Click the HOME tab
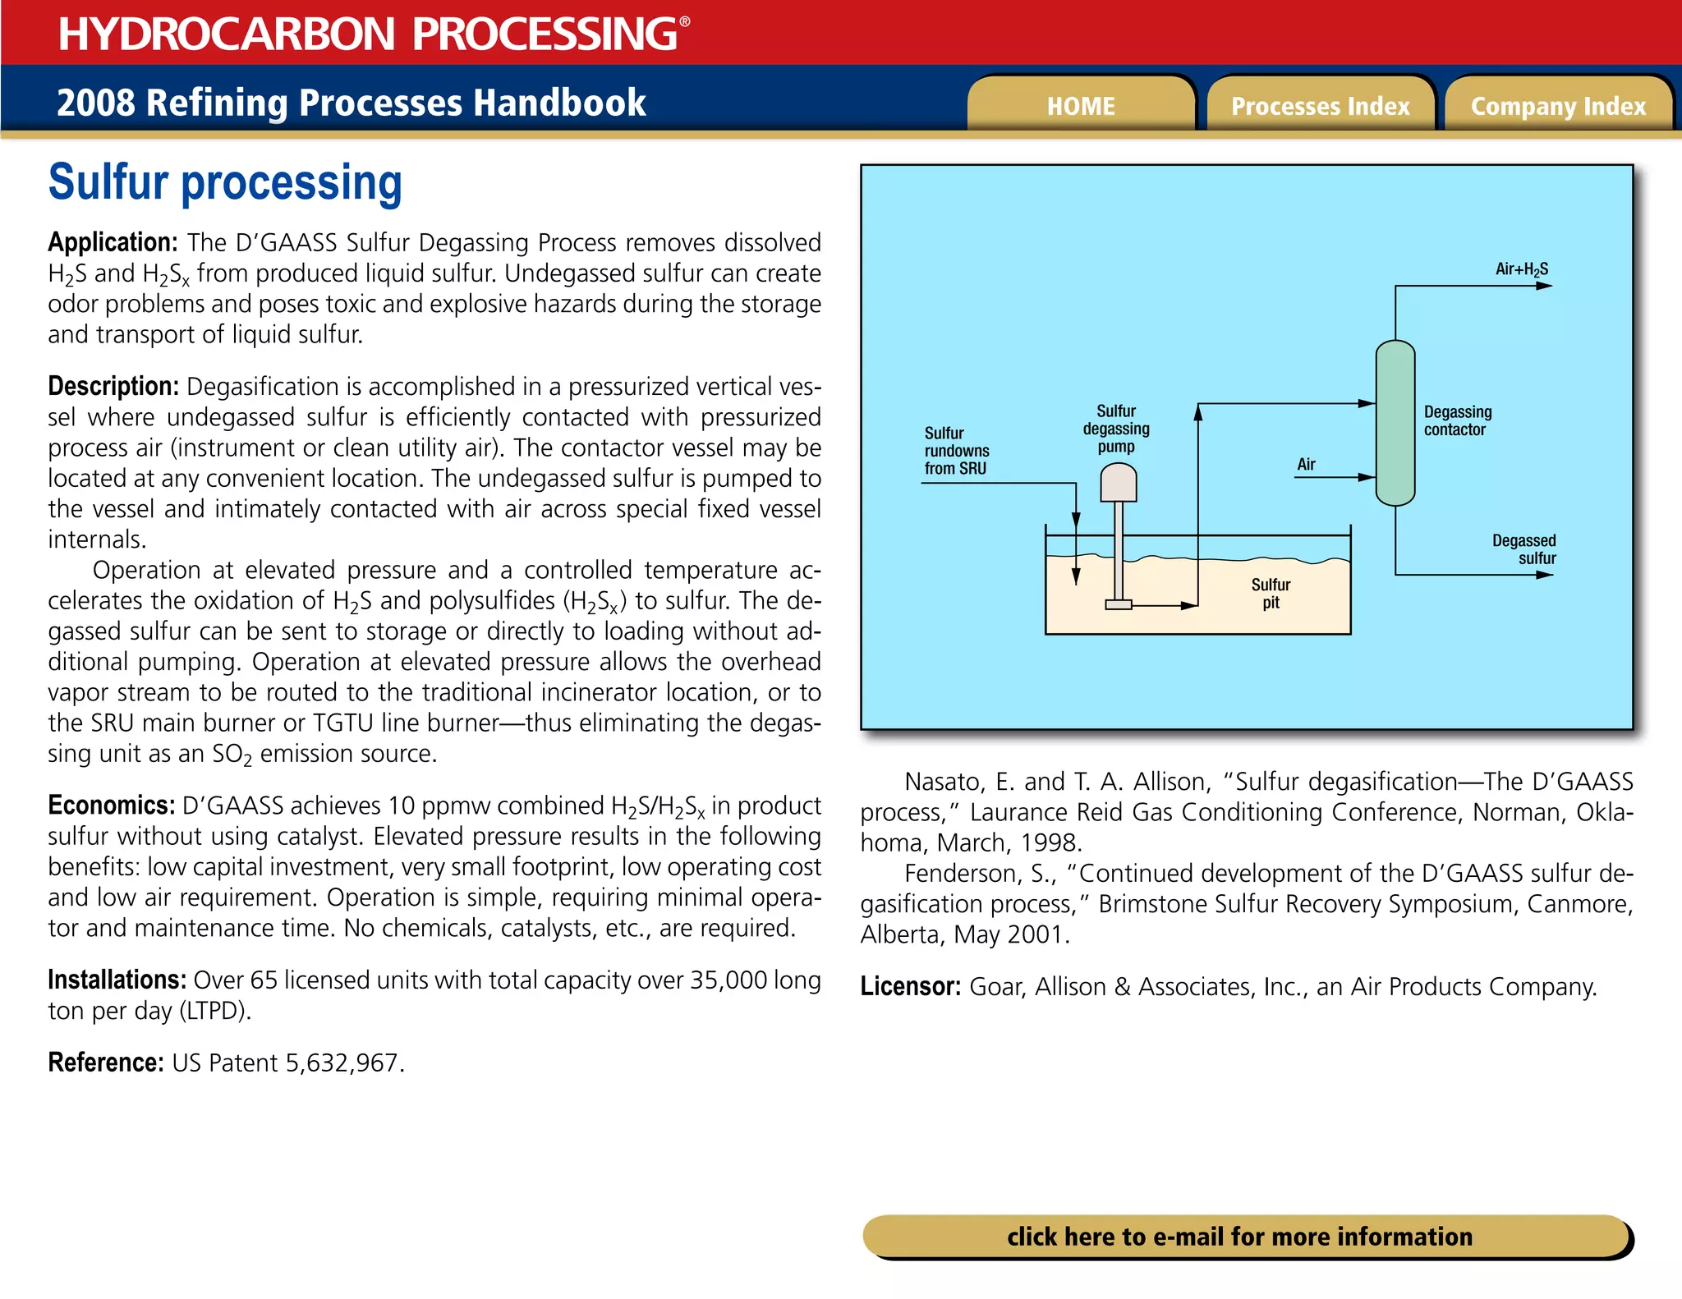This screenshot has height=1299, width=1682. pos(1080,106)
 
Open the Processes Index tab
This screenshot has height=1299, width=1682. pos(1320,106)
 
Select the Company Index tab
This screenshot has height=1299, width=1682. pos(1558,106)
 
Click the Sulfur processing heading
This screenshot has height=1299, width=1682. pos(225,182)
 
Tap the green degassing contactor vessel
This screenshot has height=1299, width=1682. pos(1395,423)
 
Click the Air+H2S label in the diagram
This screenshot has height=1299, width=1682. pos(1521,269)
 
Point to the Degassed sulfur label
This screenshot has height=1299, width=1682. pos(1524,549)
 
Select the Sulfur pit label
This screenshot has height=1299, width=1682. pos(1271,593)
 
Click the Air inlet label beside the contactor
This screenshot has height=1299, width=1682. pos(1306,465)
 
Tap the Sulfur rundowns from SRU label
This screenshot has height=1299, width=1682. pos(956,451)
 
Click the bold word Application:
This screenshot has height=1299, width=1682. pos(113,242)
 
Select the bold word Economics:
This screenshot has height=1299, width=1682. pos(111,806)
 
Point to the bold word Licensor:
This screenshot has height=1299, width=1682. pos(910,986)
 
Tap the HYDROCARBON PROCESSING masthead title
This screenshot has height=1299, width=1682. pos(368,34)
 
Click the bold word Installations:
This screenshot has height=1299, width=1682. pos(117,980)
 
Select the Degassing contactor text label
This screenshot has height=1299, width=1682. pos(1457,420)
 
